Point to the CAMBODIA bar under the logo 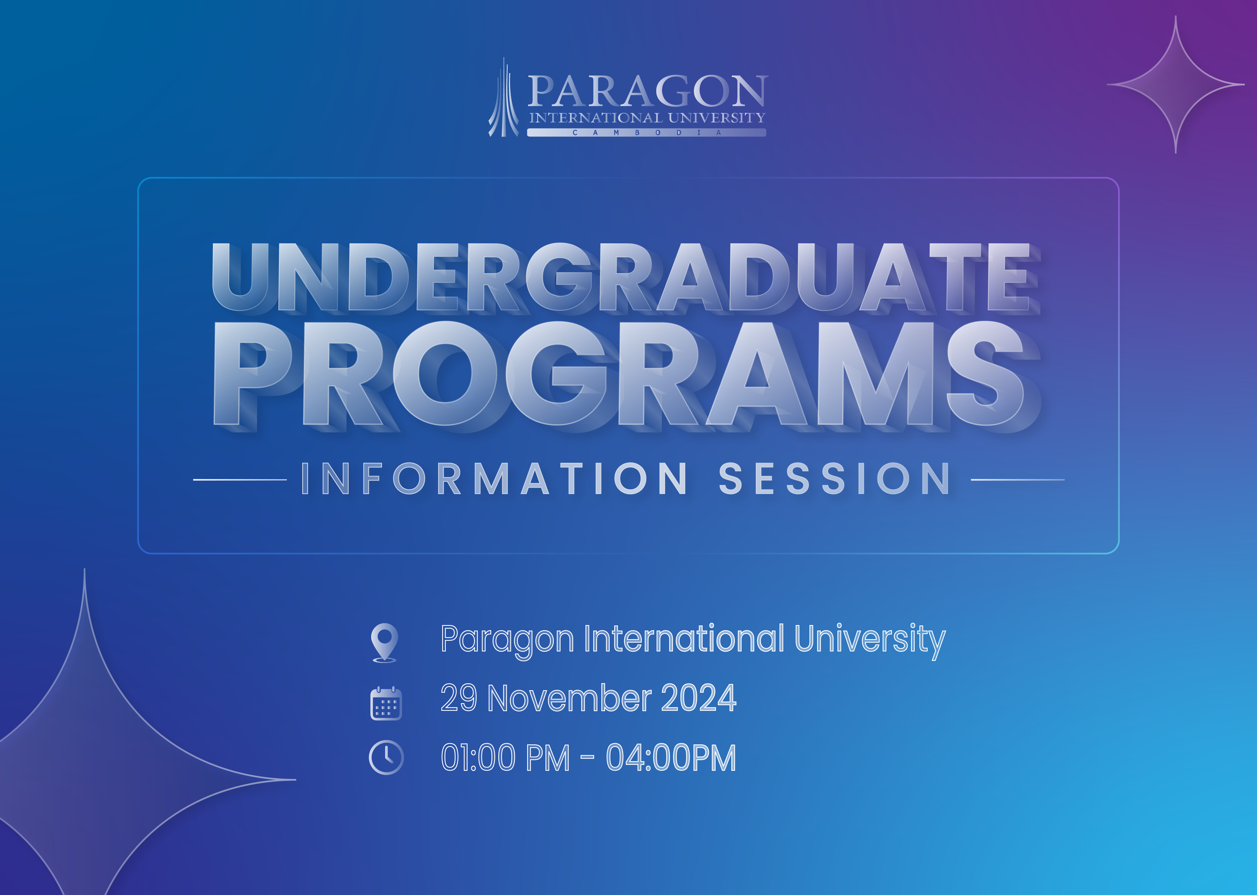pyautogui.click(x=646, y=132)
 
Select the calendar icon pyautogui.click(x=386, y=703)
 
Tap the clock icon pyautogui.click(x=386, y=757)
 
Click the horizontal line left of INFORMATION pyautogui.click(x=240, y=479)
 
